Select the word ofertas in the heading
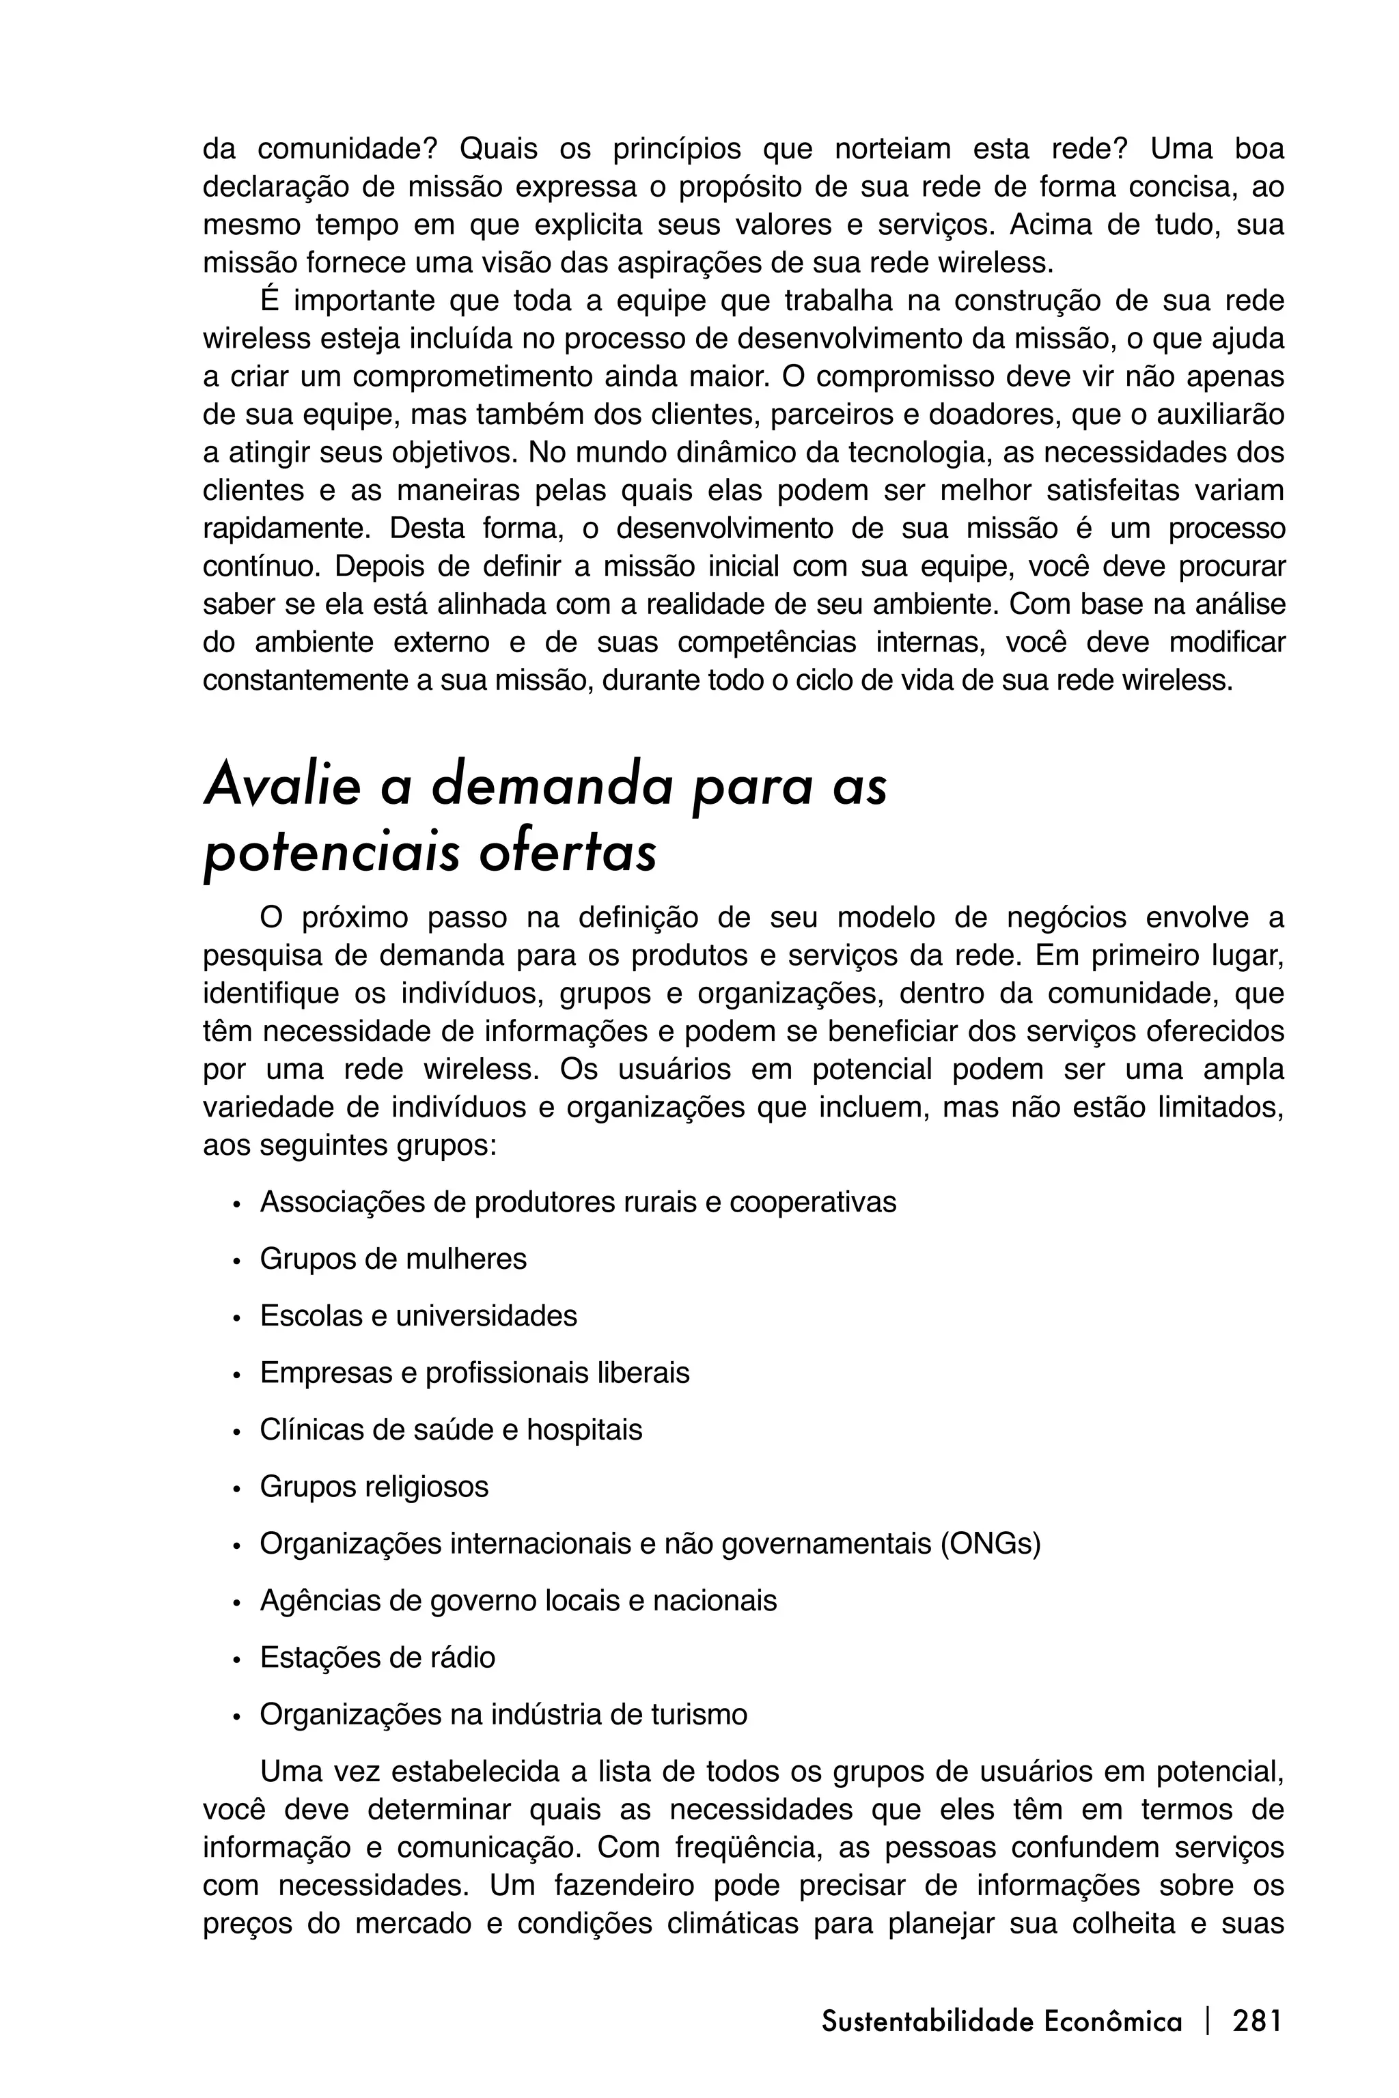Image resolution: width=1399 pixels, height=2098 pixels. (568, 854)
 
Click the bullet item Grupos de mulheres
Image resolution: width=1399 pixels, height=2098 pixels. (393, 1259)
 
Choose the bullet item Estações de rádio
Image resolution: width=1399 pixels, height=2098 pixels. (376, 1658)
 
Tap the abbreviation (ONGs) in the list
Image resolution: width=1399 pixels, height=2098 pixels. (991, 1543)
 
